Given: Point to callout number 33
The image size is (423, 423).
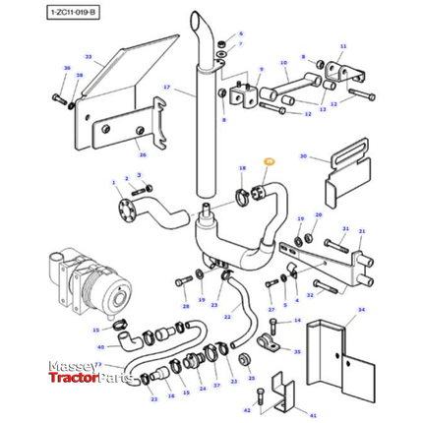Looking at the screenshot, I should click(88, 59).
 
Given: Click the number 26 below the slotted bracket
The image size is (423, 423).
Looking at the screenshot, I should click(141, 153).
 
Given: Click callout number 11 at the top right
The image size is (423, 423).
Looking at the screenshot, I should click(343, 46).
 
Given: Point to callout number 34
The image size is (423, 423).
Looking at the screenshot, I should click(360, 309).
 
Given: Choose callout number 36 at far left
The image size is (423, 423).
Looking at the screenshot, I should click(67, 69).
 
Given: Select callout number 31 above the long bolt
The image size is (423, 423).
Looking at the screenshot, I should click(344, 228).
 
